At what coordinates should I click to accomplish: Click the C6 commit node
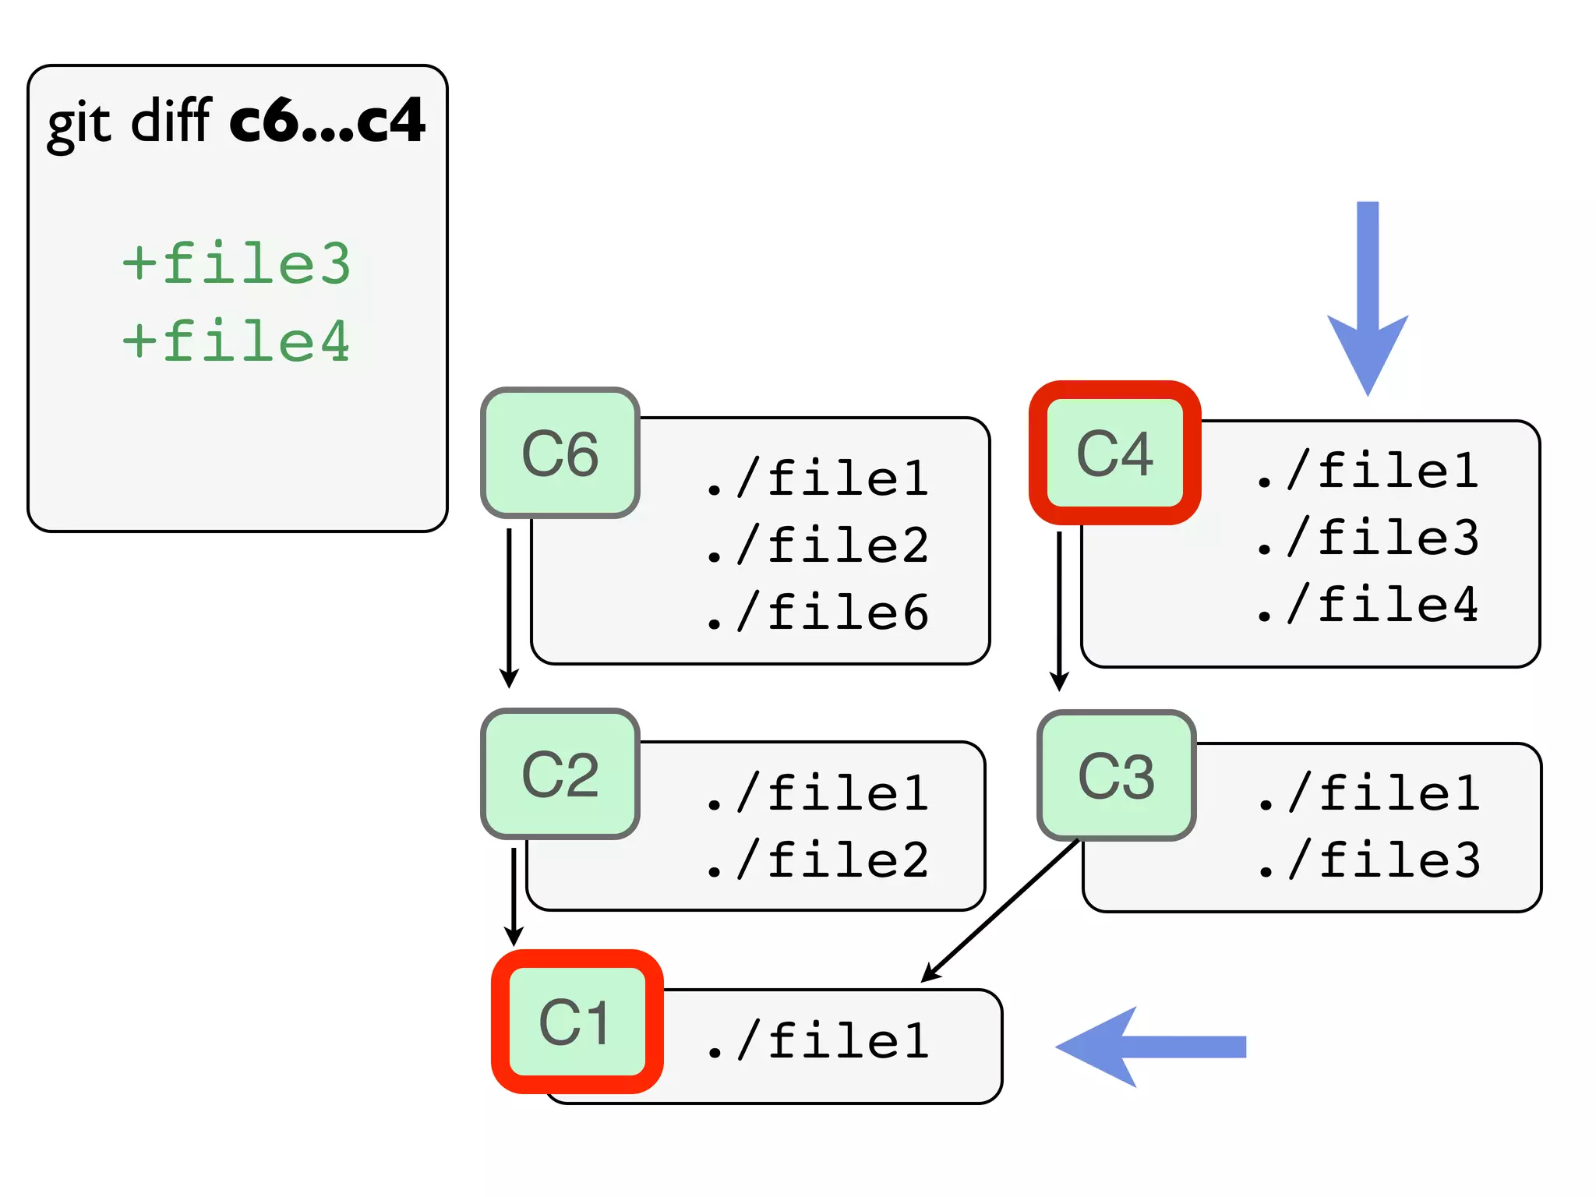560,453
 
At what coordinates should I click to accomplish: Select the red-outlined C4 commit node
1114,453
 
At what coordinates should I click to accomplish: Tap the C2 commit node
560,774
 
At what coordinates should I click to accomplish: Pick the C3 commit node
1116,775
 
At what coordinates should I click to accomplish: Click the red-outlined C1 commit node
577,1022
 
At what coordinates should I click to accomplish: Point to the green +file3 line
237,263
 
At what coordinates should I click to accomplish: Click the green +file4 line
237,341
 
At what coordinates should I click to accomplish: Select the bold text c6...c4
327,121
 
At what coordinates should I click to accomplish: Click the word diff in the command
171,121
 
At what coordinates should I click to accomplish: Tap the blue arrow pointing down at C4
1368,296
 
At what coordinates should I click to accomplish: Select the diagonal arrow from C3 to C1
1001,910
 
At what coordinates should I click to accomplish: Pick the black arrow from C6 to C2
509,608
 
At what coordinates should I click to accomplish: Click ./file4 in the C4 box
1368,605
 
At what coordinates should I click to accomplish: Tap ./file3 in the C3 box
1369,860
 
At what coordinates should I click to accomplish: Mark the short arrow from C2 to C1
514,896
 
